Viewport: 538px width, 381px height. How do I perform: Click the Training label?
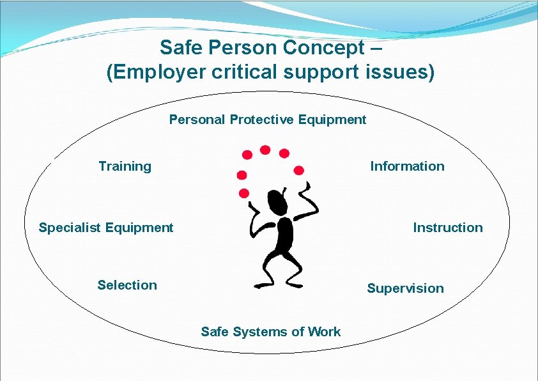point(125,166)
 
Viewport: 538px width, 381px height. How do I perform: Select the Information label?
point(407,166)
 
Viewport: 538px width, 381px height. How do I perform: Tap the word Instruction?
point(448,228)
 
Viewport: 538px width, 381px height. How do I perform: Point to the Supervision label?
point(405,288)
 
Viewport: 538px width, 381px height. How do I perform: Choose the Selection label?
point(127,285)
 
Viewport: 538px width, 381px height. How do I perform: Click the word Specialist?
point(70,228)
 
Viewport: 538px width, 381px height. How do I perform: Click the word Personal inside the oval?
point(197,120)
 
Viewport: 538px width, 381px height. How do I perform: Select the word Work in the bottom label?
point(324,332)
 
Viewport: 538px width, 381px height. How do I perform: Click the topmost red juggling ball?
point(265,150)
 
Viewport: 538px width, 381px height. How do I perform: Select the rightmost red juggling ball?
point(298,170)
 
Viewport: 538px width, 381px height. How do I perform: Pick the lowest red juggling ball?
point(243,193)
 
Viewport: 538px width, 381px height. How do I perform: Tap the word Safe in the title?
point(180,48)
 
